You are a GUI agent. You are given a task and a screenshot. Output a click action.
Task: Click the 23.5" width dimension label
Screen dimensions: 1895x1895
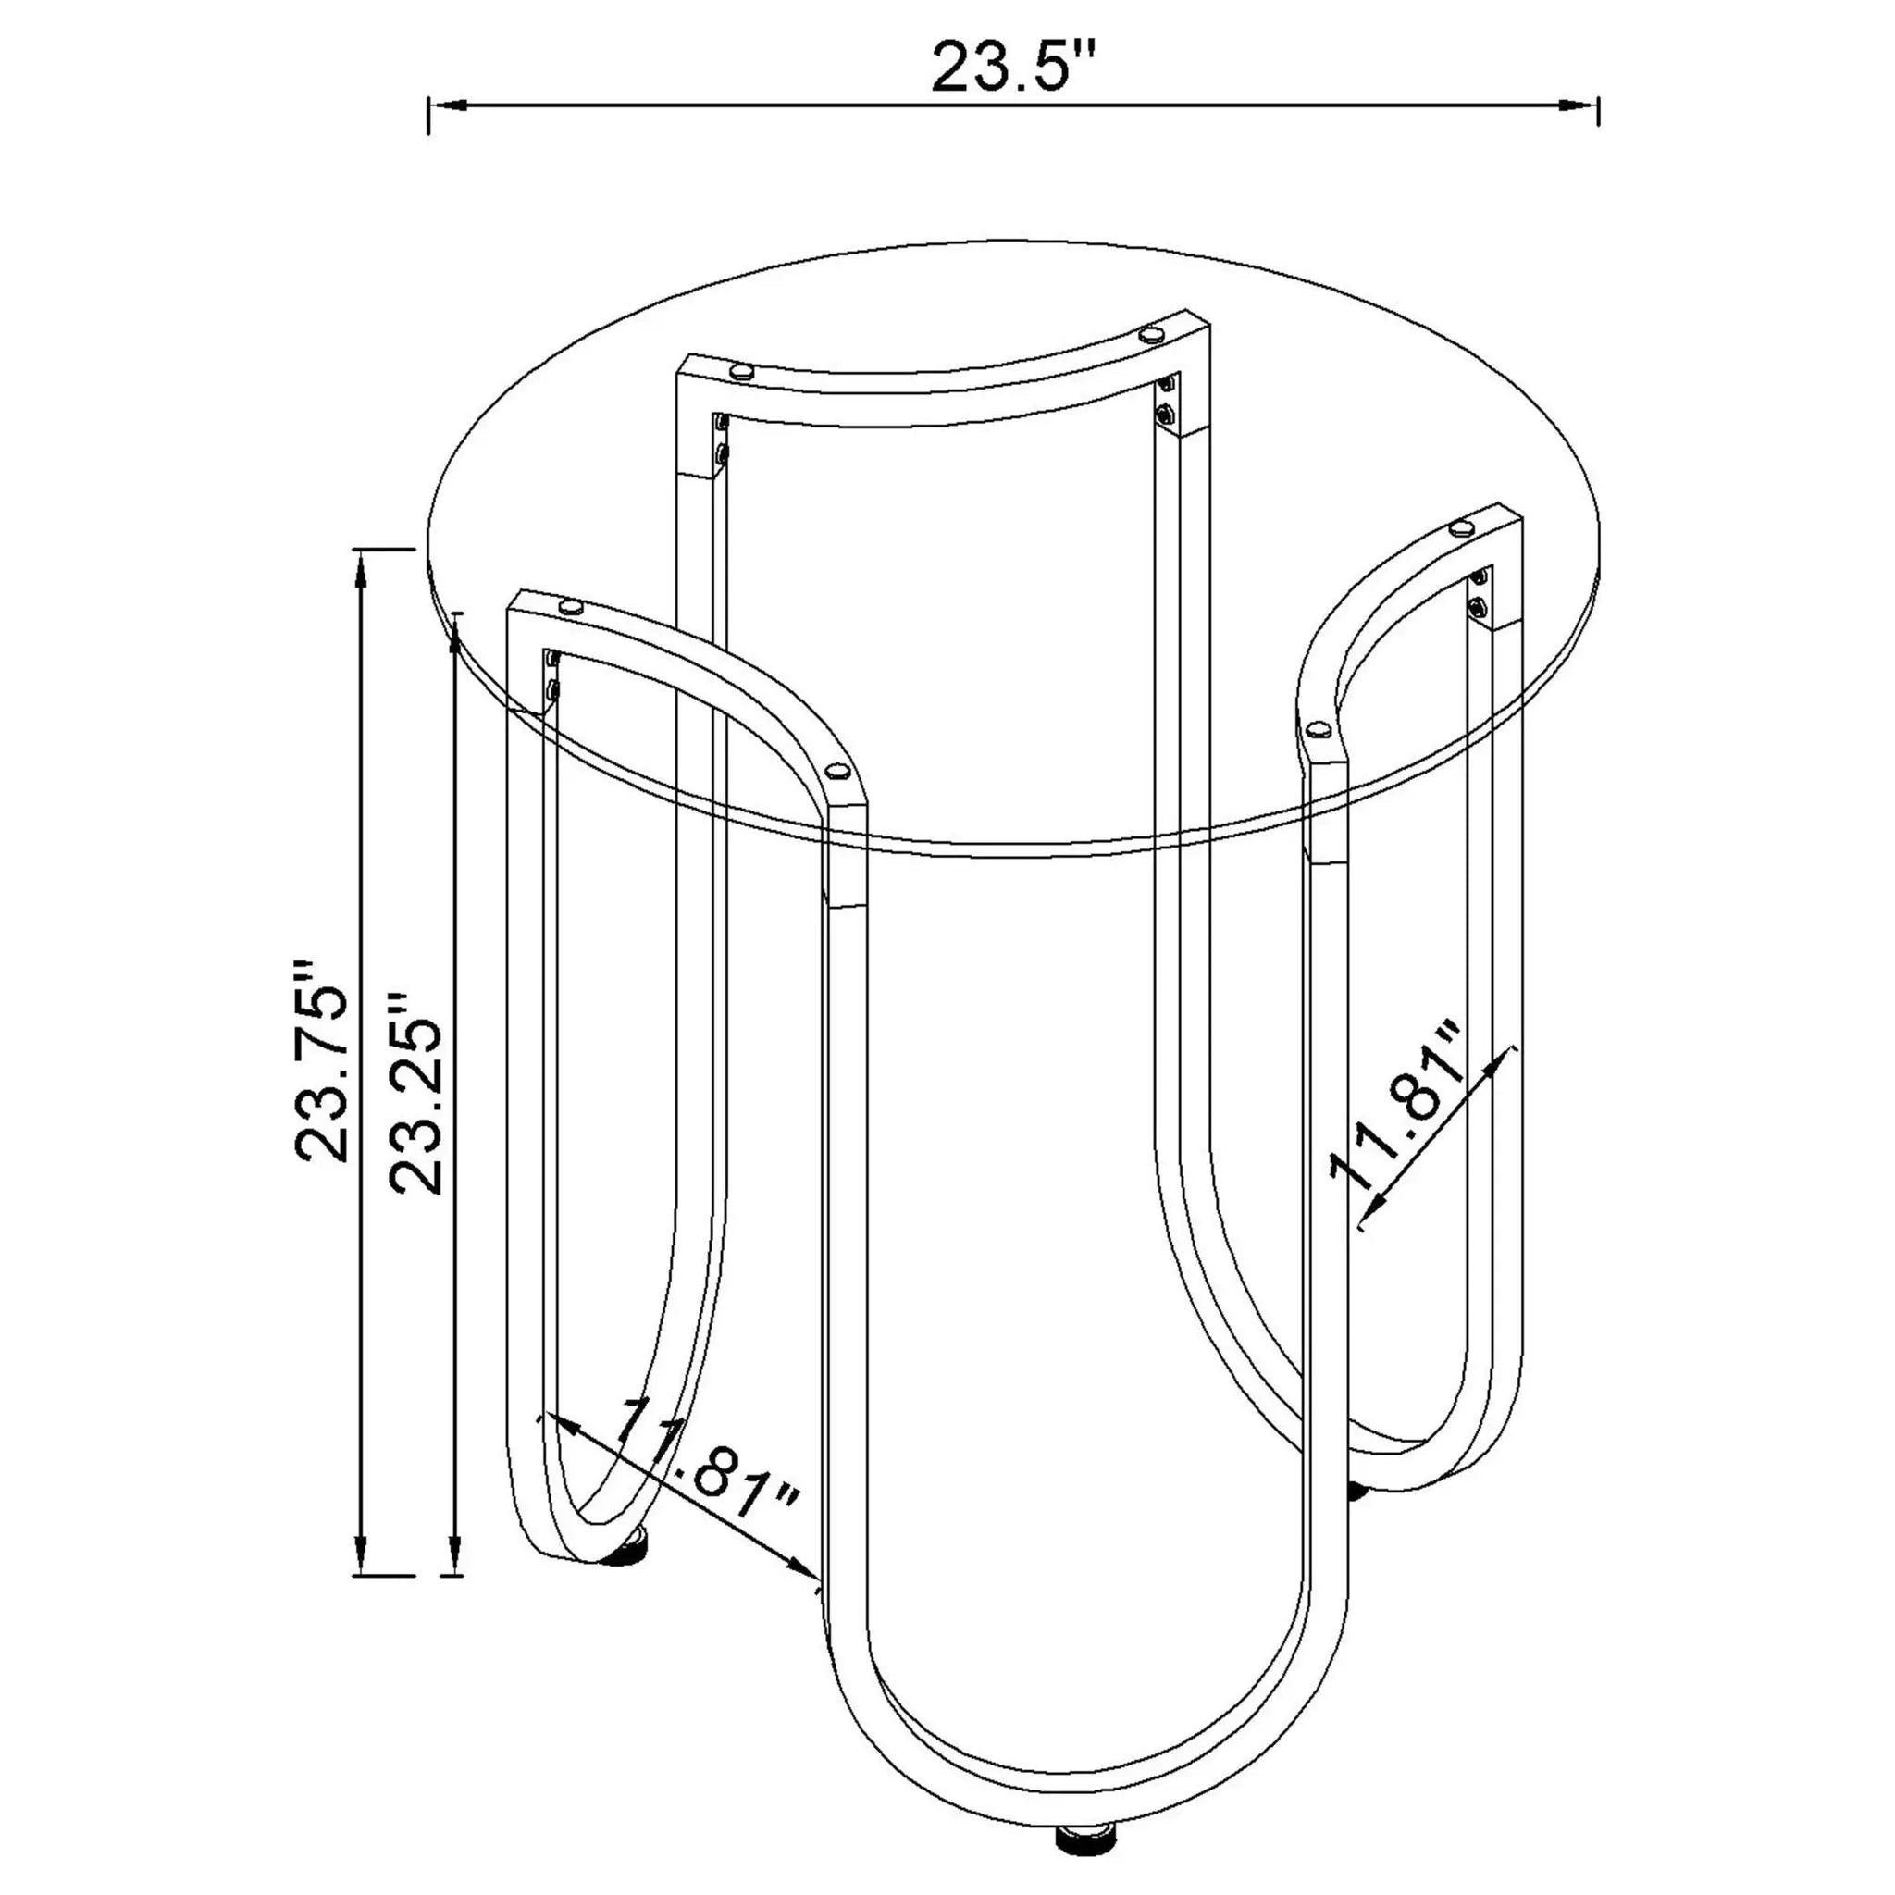(x=1012, y=67)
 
